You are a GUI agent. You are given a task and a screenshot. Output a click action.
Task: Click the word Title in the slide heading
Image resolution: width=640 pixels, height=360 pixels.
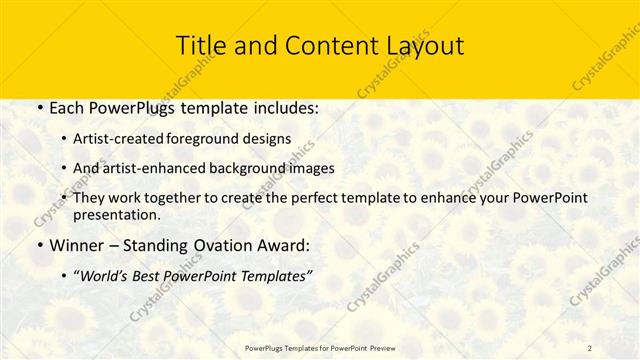pyautogui.click(x=200, y=46)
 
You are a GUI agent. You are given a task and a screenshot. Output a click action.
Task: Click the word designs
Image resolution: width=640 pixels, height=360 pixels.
pyautogui.click(x=270, y=139)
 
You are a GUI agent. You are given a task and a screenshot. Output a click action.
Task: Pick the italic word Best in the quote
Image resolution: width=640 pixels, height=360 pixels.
pyautogui.click(x=160, y=275)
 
